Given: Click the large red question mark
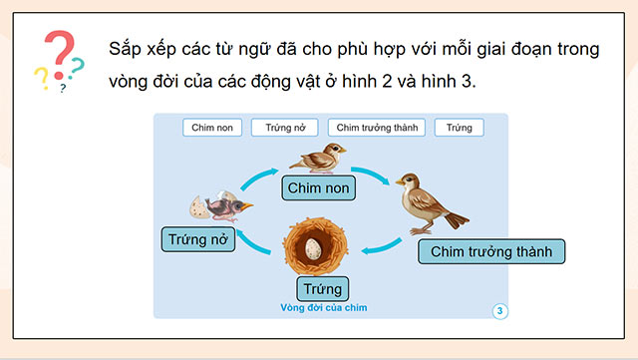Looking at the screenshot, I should pos(59,55).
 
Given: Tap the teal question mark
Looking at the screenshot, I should pos(76,68).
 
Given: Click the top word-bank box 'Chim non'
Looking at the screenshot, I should pos(210,128).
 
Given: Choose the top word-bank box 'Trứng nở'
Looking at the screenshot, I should pos(284,128).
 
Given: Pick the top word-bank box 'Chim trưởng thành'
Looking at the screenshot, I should pos(380,128).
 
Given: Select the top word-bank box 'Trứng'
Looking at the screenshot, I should pos(460,128).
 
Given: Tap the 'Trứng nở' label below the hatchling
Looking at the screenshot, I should pos(198,239).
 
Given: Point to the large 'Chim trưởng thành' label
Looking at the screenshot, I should pos(490,251).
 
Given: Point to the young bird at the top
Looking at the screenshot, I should pos(320,157).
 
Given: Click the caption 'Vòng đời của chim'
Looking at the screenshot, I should pos(324,308).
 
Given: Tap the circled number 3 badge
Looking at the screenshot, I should pos(500,311).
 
